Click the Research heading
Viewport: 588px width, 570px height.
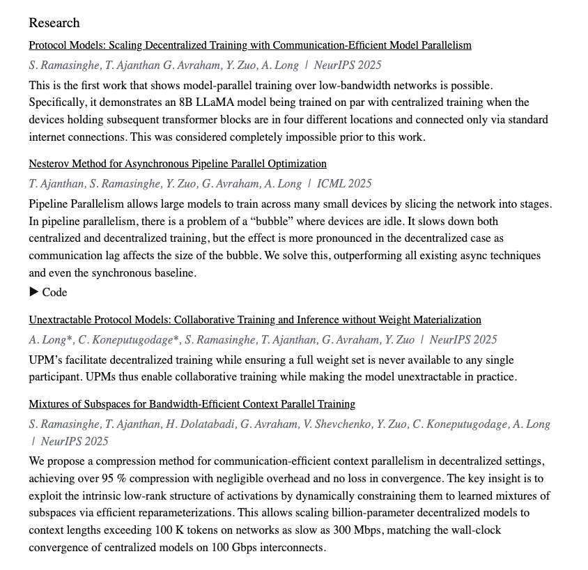pyautogui.click(x=54, y=23)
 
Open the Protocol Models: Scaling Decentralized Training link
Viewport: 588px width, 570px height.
pyautogui.click(x=249, y=45)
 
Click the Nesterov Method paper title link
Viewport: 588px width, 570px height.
pyautogui.click(x=177, y=164)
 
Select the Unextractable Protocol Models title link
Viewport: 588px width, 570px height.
pyautogui.click(x=254, y=320)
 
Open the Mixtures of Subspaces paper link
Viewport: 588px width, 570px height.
pyautogui.click(x=192, y=404)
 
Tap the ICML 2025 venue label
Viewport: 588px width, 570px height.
pyautogui.click(x=344, y=184)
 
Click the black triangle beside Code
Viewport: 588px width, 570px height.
pyautogui.click(x=33, y=292)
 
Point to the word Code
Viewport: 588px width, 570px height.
pyautogui.click(x=54, y=293)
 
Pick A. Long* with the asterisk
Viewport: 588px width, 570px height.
pyautogui.click(x=48, y=340)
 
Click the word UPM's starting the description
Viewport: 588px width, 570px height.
pyautogui.click(x=46, y=360)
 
